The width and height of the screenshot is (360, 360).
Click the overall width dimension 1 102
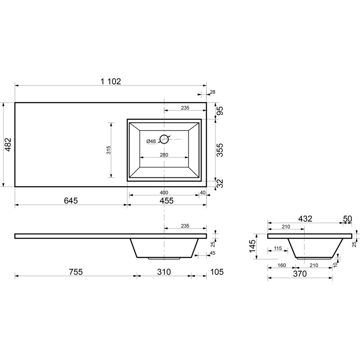111,81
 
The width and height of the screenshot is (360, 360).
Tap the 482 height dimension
8,144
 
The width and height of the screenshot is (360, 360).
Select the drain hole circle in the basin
164,139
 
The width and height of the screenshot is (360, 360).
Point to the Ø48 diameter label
151,141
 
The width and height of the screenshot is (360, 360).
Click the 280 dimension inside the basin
164,155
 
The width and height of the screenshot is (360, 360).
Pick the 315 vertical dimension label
108,150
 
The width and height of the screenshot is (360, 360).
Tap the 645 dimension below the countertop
71,200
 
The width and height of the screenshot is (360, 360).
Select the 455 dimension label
166,200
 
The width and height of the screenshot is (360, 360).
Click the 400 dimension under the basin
164,193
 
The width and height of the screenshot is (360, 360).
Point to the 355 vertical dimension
220,150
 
